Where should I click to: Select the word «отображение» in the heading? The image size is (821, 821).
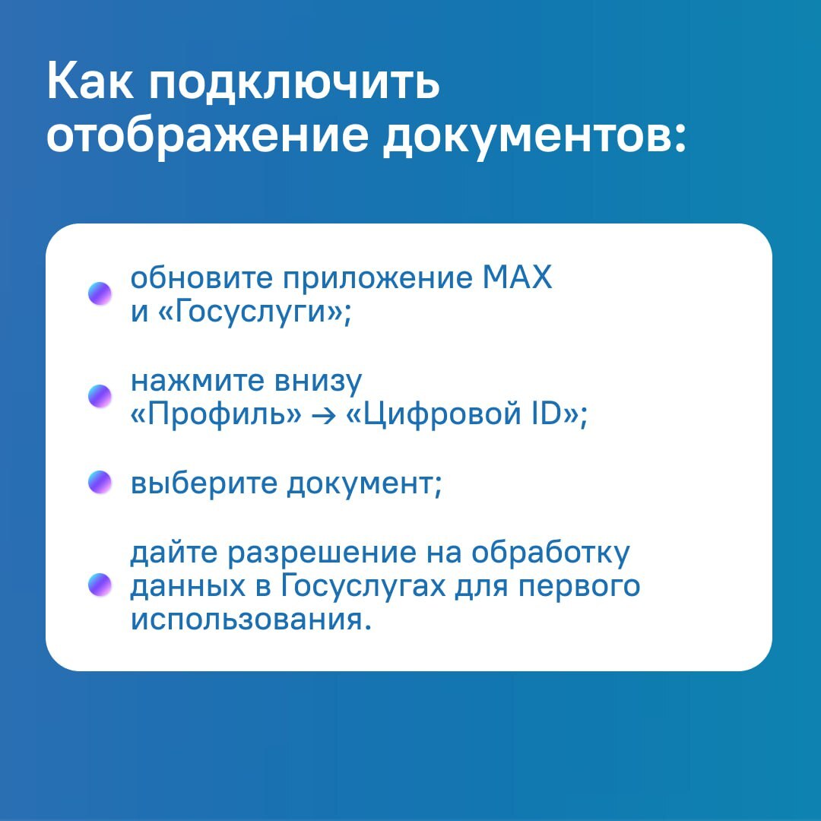208,137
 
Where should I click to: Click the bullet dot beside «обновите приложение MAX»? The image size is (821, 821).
100,293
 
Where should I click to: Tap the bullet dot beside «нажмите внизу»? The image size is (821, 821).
100,396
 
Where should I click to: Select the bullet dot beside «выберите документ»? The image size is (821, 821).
100,482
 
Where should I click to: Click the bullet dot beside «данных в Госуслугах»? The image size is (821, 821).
100,585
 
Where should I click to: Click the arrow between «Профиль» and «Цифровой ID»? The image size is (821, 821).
324,416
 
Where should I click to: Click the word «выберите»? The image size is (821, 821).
204,483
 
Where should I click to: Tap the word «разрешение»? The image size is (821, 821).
322,554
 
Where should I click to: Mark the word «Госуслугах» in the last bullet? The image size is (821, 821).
363,587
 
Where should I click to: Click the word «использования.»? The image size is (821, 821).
251,620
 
